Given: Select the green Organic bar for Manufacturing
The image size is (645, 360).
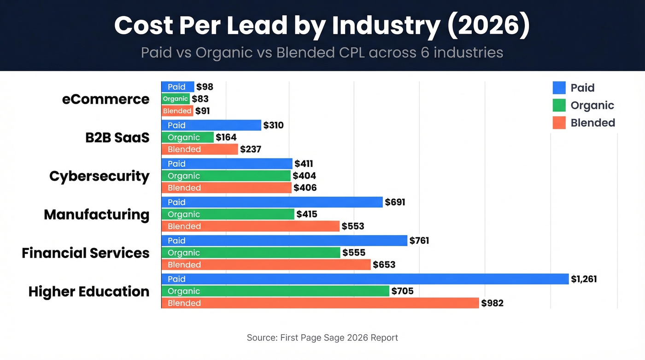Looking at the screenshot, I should tap(228, 214).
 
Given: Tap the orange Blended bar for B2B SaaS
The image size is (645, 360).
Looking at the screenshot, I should tap(199, 149).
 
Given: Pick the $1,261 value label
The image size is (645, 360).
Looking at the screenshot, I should tap(584, 279).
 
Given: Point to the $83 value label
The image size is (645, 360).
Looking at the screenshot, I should tap(200, 99).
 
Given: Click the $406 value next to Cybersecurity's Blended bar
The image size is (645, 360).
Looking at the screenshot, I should tap(305, 188).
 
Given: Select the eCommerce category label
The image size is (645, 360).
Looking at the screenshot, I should tap(106, 99).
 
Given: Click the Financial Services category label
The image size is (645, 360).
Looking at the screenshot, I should tap(86, 253).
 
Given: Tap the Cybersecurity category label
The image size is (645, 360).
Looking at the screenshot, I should tap(99, 176).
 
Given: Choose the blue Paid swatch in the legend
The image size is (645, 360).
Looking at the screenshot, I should tap(559, 88).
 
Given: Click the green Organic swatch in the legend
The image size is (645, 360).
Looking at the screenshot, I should tap(559, 105).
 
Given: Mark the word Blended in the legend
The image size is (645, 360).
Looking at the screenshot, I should tap(592, 123).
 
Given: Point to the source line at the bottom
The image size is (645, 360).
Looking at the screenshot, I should tap(322, 337).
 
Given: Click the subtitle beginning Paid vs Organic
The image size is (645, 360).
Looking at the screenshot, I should tap(322, 52).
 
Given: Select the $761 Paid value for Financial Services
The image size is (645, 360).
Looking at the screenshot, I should tap(419, 241).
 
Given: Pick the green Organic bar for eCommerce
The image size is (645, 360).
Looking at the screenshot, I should tap(176, 99).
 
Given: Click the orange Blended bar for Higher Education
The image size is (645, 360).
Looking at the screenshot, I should tap(320, 303).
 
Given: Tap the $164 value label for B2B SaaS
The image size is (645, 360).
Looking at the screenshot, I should tap(226, 137).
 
